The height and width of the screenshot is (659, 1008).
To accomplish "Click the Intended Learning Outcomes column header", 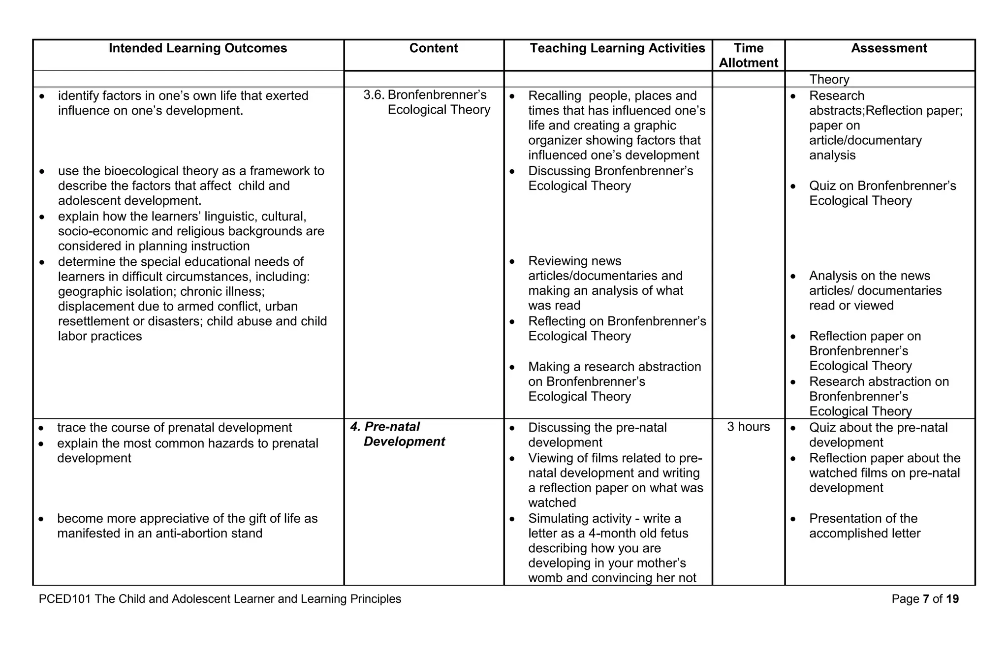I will click(198, 48).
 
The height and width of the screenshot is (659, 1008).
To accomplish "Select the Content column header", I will click(433, 48).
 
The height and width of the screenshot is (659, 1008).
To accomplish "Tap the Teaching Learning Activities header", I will click(617, 48).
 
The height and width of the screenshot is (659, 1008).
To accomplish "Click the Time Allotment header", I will click(748, 55).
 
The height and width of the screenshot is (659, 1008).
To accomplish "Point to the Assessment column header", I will click(888, 48).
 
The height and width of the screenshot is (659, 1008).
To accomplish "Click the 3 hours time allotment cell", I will click(748, 427).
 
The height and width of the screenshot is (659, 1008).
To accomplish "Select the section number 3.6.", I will click(374, 95).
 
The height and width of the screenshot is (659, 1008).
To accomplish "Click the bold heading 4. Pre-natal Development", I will click(398, 434).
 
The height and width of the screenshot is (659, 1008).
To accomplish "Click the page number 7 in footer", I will click(926, 599).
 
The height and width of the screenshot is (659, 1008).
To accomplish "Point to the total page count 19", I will click(952, 599).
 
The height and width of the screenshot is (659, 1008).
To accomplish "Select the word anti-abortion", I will click(188, 533).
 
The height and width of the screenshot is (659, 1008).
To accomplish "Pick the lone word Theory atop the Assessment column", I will click(829, 79).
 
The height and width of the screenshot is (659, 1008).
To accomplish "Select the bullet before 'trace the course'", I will click(42, 429).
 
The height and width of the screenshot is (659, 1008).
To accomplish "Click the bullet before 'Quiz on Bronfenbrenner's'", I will click(793, 187).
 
